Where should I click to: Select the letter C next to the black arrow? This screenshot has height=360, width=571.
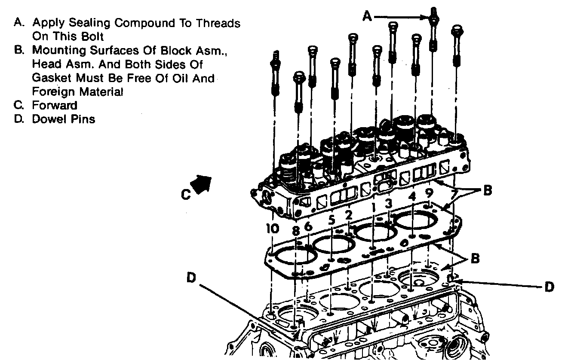point(185,195)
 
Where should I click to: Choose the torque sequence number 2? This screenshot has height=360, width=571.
point(349,214)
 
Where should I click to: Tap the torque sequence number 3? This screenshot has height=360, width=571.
point(388,203)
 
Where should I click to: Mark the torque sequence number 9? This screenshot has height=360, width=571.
point(429,193)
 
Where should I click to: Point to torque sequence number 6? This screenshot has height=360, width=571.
point(308,226)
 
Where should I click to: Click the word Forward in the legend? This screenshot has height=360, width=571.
point(55,105)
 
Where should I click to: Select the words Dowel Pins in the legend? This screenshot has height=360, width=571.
point(64,119)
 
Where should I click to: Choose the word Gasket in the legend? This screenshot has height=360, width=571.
point(49,78)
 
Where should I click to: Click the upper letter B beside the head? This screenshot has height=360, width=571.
point(487,190)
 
